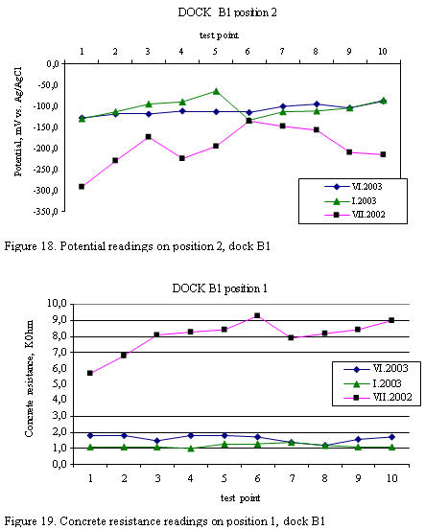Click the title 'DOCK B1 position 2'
coord(227,12)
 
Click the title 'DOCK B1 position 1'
coord(220,288)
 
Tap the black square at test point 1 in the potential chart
coord(82,187)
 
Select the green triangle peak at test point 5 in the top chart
coord(216,91)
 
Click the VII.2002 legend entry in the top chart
coord(355,215)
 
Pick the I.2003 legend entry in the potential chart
coord(350,201)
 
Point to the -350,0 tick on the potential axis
coord(45,212)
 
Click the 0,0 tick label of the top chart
coord(53,64)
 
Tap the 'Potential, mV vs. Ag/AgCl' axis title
coord(18,122)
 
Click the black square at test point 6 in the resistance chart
coord(257,315)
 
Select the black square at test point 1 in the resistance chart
coord(90,373)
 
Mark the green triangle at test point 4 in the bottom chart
coord(191,449)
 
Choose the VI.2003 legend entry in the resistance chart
coord(376,369)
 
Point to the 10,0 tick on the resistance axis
coord(58,303)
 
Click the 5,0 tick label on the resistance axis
coord(59,384)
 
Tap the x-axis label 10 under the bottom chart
coord(391,478)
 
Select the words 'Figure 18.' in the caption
coord(30,246)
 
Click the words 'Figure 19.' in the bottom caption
coord(30,520)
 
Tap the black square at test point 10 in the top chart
coord(383,154)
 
